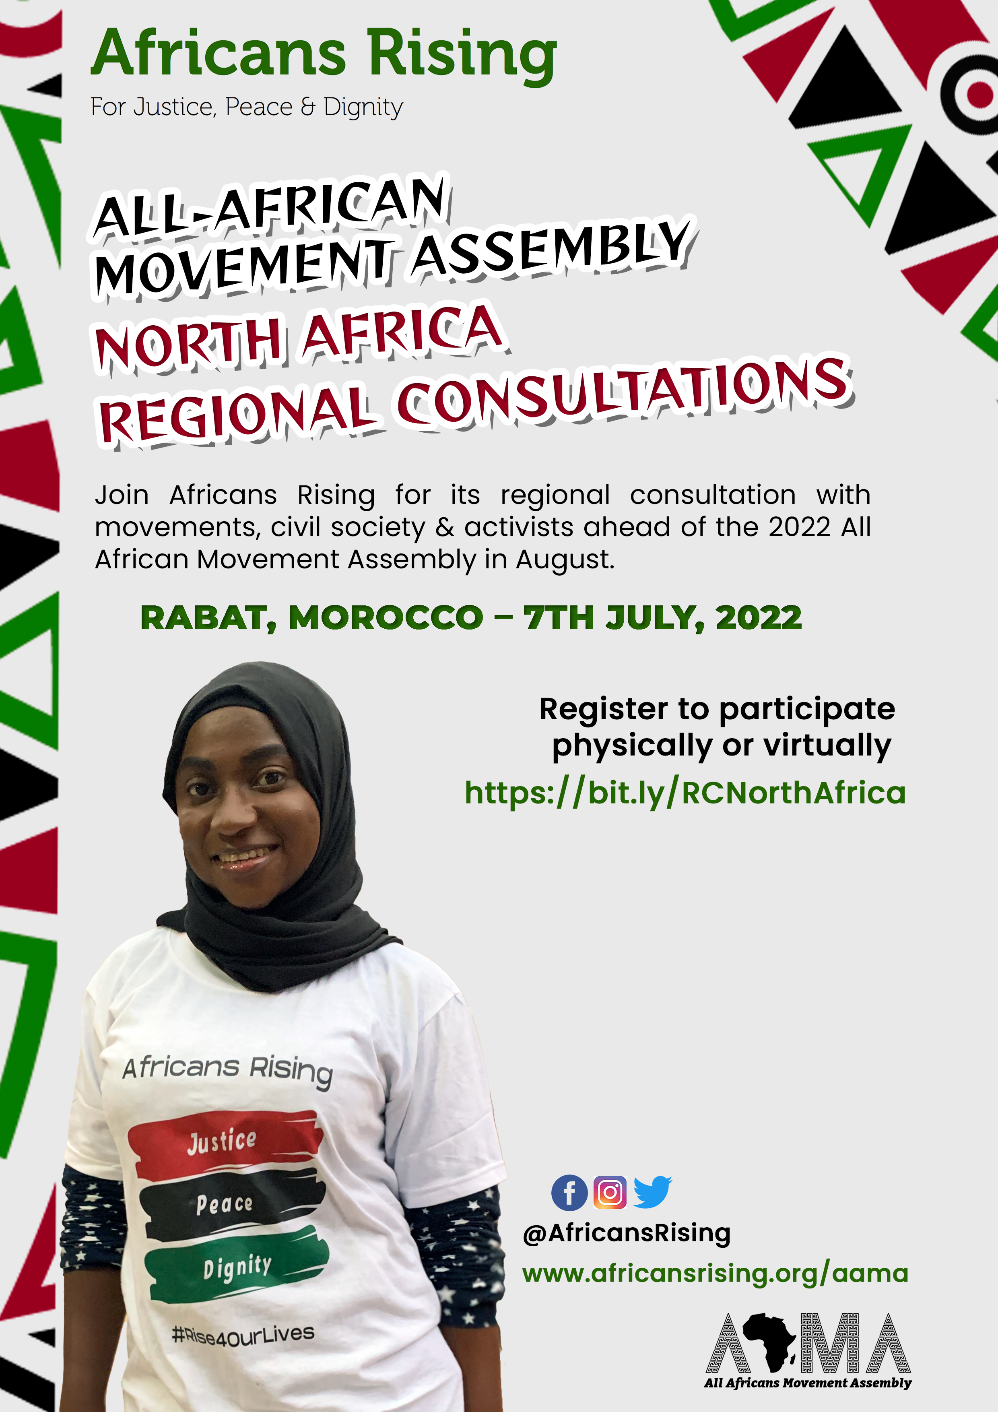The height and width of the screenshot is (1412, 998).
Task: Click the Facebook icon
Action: pos(569,1193)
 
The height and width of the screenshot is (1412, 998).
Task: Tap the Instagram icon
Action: pos(610,1193)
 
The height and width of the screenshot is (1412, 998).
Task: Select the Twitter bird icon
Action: pos(652,1192)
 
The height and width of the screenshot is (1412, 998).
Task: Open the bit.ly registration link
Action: pos(685,793)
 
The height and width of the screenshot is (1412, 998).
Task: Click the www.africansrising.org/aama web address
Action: pos(715,1273)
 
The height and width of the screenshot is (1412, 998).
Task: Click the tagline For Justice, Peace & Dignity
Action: pos(247,107)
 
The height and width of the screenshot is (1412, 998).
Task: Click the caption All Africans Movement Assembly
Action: pos(807,1383)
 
